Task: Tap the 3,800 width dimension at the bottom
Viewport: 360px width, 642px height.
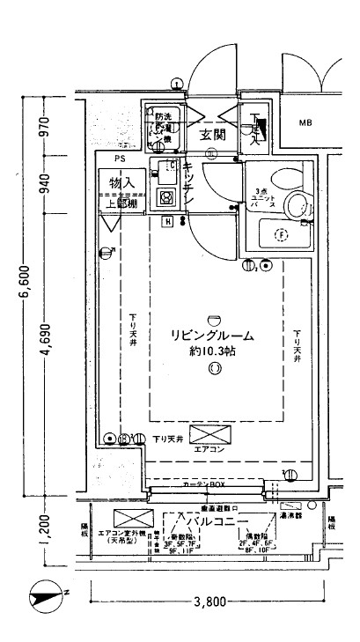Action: click(x=209, y=601)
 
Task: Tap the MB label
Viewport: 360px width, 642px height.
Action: click(x=305, y=122)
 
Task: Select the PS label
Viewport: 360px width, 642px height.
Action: click(x=119, y=159)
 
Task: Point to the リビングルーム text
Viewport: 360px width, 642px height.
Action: click(x=212, y=336)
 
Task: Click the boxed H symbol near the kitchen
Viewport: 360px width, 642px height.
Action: click(x=166, y=221)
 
